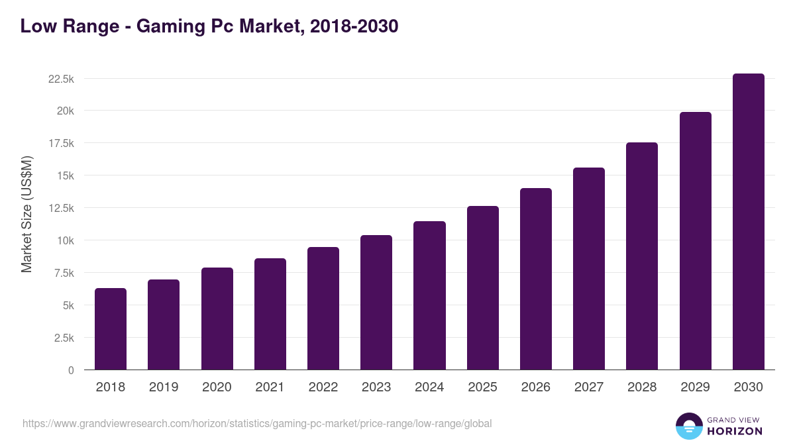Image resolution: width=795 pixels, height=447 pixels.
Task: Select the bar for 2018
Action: coord(111,329)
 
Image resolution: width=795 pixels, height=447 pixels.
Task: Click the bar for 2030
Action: coord(748,222)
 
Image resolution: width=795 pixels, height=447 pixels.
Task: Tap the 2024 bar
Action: coord(429,295)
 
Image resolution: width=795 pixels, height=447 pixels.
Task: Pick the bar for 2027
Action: coord(589,269)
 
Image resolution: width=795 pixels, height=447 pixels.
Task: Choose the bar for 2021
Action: coord(270,314)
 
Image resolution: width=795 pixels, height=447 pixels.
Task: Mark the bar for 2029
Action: coord(695,241)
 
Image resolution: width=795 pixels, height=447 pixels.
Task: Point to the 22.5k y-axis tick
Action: coord(61,79)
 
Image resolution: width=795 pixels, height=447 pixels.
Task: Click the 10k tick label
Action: coord(65,240)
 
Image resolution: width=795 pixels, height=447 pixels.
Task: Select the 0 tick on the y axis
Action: coord(71,370)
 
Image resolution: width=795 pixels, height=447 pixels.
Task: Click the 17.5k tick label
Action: coord(61,144)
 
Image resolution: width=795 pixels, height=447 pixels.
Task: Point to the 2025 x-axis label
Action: coord(482,387)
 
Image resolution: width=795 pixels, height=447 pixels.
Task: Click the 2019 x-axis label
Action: coord(164,387)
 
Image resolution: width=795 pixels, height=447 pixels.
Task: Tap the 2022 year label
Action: coord(323,387)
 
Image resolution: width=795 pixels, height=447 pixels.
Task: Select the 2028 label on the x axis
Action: coord(642,387)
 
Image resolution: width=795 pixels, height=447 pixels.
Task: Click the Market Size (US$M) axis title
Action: coord(26,214)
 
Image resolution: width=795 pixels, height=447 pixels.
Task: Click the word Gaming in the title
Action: coord(166,26)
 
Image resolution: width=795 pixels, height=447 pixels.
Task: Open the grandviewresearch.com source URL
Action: coord(257,423)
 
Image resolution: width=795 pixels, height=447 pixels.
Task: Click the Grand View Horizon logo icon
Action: coord(688,426)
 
